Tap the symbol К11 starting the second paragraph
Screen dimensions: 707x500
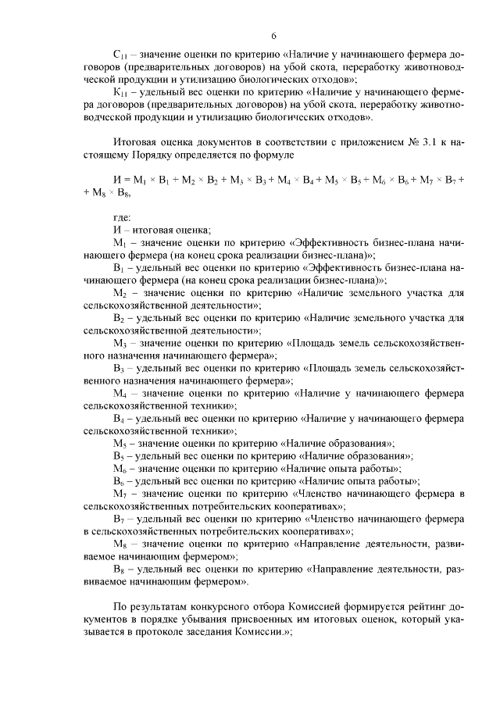[x=120, y=92]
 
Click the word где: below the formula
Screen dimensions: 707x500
[x=122, y=217]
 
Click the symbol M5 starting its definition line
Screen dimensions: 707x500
[x=120, y=442]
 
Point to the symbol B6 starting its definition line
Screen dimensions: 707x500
[x=119, y=480]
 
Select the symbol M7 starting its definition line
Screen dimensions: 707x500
[x=120, y=492]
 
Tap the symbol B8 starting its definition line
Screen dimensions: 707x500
[x=119, y=567]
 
